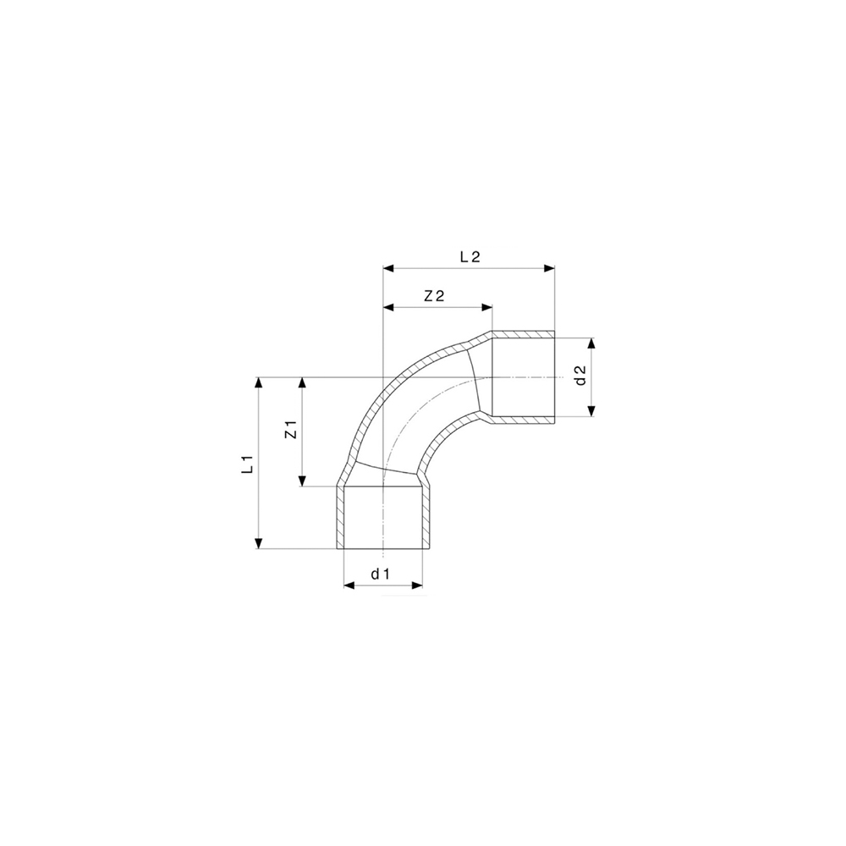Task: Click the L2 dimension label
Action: [x=470, y=257]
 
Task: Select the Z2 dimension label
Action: [x=434, y=295]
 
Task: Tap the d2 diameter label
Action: [x=580, y=376]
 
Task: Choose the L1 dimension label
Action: [x=248, y=463]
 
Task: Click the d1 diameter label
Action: [x=380, y=574]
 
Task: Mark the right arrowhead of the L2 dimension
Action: [x=549, y=268]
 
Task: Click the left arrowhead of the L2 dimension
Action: [x=389, y=268]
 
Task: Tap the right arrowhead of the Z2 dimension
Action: [x=486, y=307]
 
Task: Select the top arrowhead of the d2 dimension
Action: [x=592, y=344]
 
